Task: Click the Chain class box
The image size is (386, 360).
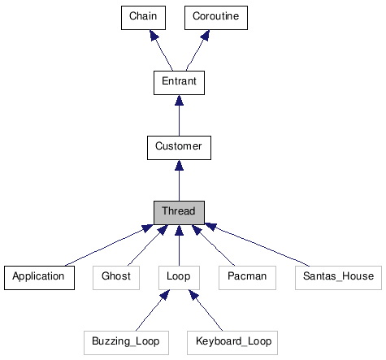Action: (x=142, y=18)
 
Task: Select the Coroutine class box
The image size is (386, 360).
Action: (x=215, y=18)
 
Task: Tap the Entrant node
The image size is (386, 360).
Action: (x=179, y=82)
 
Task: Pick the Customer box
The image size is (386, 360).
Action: (x=179, y=147)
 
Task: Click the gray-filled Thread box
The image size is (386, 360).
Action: (x=179, y=212)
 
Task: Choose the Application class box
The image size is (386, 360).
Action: (x=38, y=277)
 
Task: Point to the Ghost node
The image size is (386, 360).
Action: (x=116, y=277)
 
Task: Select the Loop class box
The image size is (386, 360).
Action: (x=179, y=277)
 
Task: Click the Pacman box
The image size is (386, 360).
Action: (x=238, y=277)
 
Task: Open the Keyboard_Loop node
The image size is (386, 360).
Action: (x=233, y=342)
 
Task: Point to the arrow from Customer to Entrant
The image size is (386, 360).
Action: (x=179, y=115)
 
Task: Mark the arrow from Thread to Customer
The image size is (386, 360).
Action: (x=179, y=180)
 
